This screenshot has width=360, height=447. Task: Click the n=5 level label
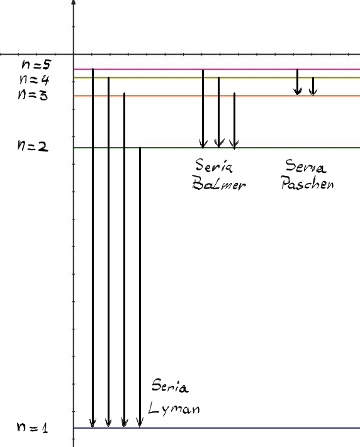[37, 64]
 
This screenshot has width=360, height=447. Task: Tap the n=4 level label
[35, 79]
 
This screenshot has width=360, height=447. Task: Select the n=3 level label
[33, 94]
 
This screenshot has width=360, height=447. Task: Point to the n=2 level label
[33, 146]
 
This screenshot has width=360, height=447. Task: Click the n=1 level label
[32, 428]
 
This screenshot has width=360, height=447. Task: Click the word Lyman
[174, 408]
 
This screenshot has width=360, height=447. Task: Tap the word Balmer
[218, 183]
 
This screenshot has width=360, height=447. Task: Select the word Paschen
[307, 182]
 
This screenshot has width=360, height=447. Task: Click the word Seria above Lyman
[170, 386]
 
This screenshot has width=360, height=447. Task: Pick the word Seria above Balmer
[214, 165]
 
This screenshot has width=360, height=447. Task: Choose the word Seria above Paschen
[305, 166]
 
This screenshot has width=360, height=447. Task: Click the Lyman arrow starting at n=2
[140, 287]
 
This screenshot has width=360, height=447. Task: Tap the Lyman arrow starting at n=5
[93, 248]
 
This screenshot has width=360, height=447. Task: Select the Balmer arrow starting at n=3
[234, 121]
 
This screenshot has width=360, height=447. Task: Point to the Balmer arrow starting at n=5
[203, 109]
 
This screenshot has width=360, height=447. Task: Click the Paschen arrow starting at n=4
[313, 86]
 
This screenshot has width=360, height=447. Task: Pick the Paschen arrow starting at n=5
[298, 82]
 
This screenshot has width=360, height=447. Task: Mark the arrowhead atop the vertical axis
[74, 3]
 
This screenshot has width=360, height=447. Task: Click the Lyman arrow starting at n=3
[124, 260]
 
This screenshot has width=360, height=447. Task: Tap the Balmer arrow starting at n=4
[218, 113]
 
